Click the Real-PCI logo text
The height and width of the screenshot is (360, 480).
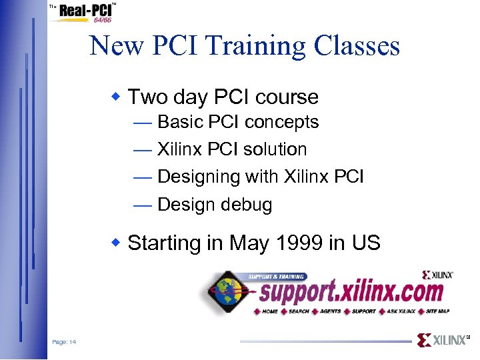click(x=85, y=11)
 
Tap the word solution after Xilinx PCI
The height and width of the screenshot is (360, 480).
click(x=275, y=149)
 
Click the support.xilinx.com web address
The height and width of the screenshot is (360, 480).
click(x=350, y=292)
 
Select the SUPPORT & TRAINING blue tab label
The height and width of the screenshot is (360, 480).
click(x=276, y=277)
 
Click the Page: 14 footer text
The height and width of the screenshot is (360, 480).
click(x=64, y=342)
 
